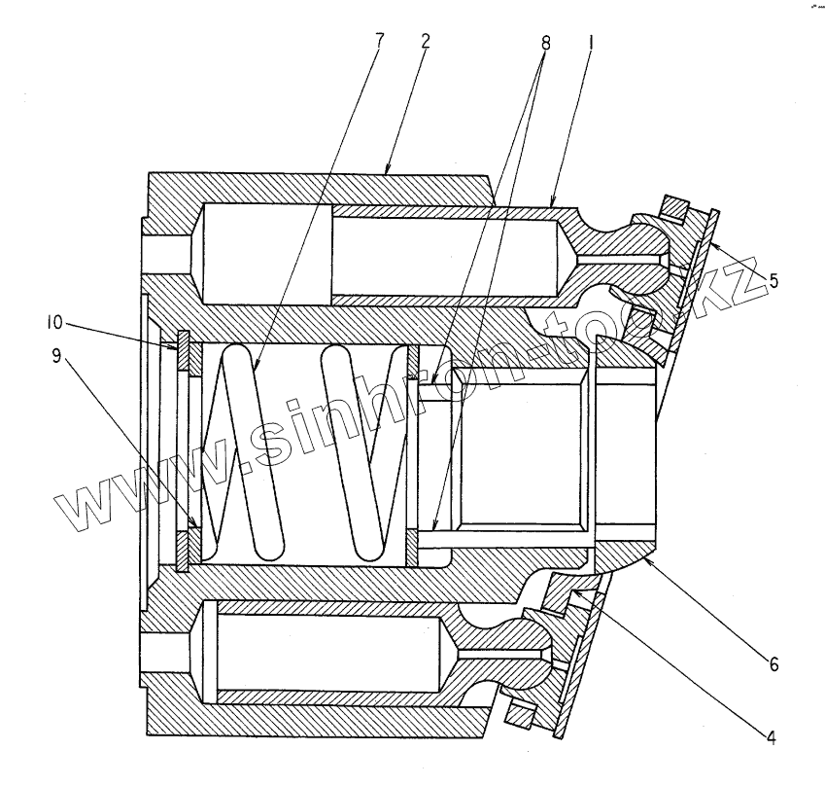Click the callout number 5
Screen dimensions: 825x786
click(773, 281)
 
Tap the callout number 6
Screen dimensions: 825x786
click(773, 665)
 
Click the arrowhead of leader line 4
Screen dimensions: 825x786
click(573, 589)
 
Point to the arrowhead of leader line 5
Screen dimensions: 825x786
click(709, 243)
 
